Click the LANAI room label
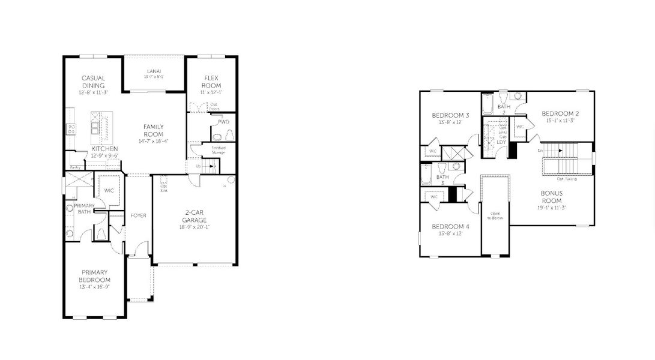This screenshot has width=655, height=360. [x=154, y=71]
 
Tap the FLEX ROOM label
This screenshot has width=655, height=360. [x=211, y=82]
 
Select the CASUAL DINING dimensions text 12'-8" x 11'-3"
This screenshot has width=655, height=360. [x=94, y=94]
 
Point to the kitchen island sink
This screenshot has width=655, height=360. [x=95, y=127]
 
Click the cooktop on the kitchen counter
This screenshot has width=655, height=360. [x=71, y=128]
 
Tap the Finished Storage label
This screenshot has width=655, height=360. [x=218, y=149]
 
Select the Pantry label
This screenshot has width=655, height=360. [x=76, y=167]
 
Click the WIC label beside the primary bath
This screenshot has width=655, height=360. [x=109, y=190]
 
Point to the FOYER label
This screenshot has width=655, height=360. [x=139, y=215]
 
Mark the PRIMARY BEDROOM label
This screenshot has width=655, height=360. [x=95, y=277]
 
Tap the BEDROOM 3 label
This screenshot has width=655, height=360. [x=450, y=115]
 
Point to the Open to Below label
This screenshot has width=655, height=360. [x=495, y=217]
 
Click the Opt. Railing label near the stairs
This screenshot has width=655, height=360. [x=568, y=178]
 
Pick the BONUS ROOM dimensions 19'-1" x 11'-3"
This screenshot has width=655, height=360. [x=551, y=208]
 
